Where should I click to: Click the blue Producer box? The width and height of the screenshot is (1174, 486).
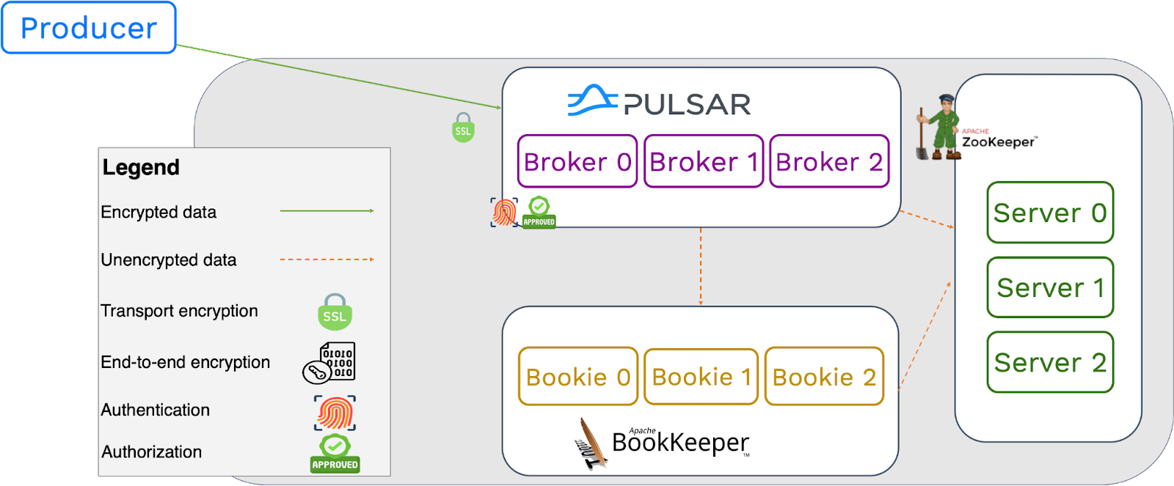89,28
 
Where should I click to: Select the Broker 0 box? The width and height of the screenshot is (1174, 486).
577,161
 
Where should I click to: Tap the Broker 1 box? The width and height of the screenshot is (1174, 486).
704,161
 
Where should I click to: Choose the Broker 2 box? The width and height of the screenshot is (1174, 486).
829,161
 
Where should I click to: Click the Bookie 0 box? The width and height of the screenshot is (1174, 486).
578,377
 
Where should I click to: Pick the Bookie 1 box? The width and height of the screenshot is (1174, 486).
701,377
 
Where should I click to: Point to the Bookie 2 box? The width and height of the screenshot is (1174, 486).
824,377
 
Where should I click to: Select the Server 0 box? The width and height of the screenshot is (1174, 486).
1050,213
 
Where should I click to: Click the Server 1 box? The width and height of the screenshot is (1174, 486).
1050,287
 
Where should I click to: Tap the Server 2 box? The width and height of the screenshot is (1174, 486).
1050,362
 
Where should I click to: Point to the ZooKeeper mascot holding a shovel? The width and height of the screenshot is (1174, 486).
938,128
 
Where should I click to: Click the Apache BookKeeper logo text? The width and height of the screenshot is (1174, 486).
679,442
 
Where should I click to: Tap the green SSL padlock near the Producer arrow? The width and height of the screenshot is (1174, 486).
463,128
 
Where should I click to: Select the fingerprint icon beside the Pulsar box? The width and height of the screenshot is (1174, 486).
504,213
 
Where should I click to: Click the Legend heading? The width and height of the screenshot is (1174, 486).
141,168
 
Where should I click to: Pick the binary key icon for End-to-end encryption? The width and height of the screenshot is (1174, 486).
329,362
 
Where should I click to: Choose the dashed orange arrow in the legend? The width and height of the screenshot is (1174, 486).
327,259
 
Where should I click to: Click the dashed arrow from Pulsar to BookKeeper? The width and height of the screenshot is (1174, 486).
701,267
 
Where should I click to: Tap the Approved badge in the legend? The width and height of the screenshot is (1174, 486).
335,454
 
